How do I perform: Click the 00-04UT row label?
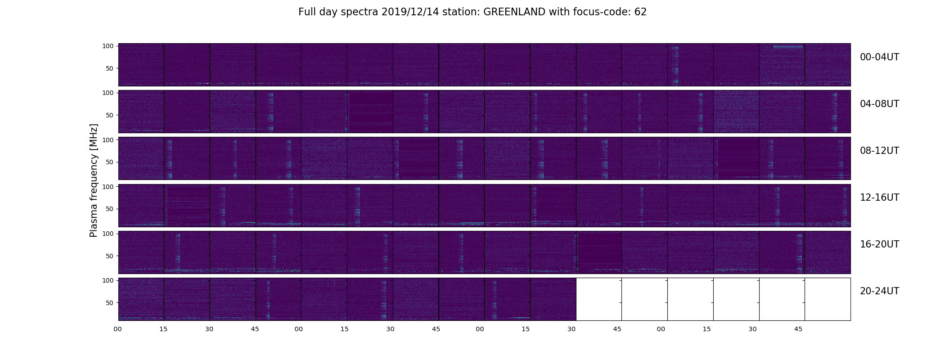pyautogui.click(x=879, y=57)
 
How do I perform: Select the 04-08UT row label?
pyautogui.click(x=879, y=104)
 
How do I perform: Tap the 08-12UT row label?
pyautogui.click(x=879, y=151)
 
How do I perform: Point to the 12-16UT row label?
pyautogui.click(x=879, y=198)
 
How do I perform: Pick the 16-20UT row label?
pyautogui.click(x=879, y=244)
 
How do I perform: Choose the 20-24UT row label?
pyautogui.click(x=879, y=291)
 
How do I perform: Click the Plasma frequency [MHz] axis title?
pyautogui.click(x=94, y=180)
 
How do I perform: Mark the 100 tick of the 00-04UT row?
pyautogui.click(x=108, y=46)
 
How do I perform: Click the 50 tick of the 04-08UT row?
pyautogui.click(x=109, y=115)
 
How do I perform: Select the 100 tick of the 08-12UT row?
pyautogui.click(x=108, y=139)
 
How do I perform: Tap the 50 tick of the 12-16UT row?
pyautogui.click(x=109, y=209)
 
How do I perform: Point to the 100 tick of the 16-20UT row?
pyautogui.click(x=108, y=233)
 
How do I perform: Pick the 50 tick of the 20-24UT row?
pyautogui.click(x=109, y=303)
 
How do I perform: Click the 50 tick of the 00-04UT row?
pyautogui.click(x=109, y=68)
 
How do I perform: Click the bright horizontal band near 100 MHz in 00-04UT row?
pyautogui.click(x=788, y=47)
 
